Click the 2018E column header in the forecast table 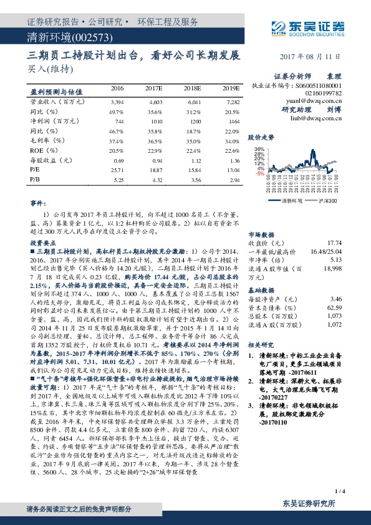tap(192, 89)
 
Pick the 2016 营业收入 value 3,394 tap(117, 101)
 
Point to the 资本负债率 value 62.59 tap(335, 307)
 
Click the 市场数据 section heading tap(261, 233)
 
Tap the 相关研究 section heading tap(261, 344)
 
